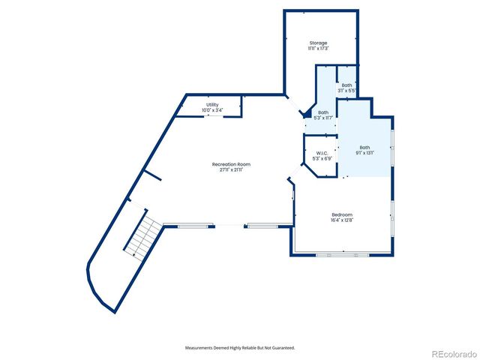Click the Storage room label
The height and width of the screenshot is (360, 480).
click(318, 43)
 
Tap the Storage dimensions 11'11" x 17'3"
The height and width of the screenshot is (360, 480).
click(318, 49)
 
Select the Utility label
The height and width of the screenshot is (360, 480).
click(212, 105)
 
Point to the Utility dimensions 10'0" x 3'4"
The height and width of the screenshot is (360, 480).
click(212, 111)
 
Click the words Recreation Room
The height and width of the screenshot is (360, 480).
click(231, 164)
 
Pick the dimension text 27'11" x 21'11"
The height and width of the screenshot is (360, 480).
click(231, 169)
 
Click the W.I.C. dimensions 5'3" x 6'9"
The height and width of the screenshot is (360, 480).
click(321, 158)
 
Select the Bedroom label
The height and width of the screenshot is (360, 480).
click(341, 214)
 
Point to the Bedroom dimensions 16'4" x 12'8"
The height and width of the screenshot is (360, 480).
click(341, 220)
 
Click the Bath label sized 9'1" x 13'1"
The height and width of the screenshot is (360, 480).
click(364, 148)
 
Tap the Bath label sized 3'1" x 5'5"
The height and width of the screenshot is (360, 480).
click(346, 85)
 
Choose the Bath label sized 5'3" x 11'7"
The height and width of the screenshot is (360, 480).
click(322, 112)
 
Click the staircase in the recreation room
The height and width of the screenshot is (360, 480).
click(142, 238)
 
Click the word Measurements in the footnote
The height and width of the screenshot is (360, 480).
click(199, 348)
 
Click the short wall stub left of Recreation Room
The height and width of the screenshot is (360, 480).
click(153, 178)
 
